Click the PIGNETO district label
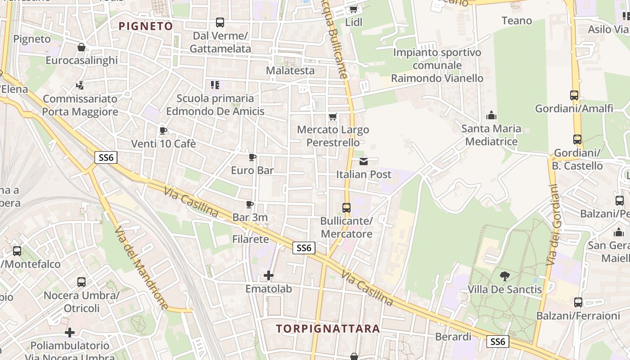pyautogui.click(x=146, y=26)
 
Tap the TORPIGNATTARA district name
pyautogui.click(x=328, y=328)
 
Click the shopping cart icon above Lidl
pyautogui.click(x=354, y=9)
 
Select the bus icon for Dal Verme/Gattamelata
pyautogui.click(x=220, y=22)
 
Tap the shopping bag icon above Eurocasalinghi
pyautogui.click(x=81, y=47)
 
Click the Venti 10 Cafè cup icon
pyautogui.click(x=163, y=131)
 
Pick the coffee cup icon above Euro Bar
pyautogui.click(x=252, y=157)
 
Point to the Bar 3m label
pyautogui.click(x=250, y=217)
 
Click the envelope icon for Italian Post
pyautogui.click(x=364, y=161)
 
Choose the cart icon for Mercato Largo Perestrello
pyautogui.click(x=333, y=117)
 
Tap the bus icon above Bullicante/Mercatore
pyautogui.click(x=346, y=207)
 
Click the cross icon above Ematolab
pyautogui.click(x=269, y=275)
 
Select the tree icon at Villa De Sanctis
pyautogui.click(x=504, y=276)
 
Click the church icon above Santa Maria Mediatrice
pyautogui.click(x=491, y=116)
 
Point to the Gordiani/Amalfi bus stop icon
pyautogui.click(x=574, y=95)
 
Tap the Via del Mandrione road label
pyautogui.click(x=140, y=268)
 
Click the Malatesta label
pyautogui.click(x=290, y=71)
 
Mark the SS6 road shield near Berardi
pyautogui.click(x=498, y=342)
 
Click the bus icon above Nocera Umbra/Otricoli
pyautogui.click(x=81, y=282)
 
